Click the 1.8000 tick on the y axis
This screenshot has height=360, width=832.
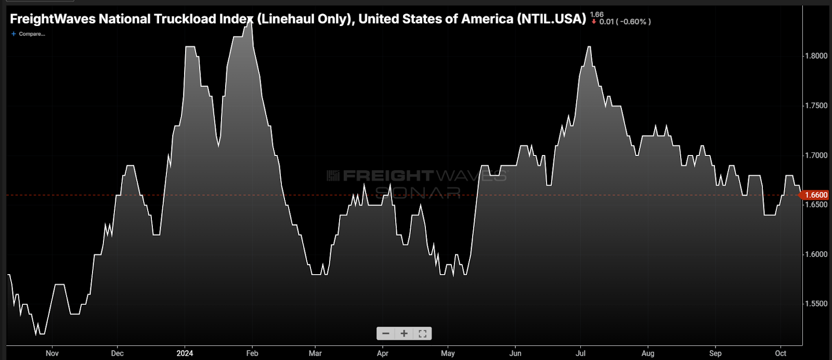pyautogui.click(x=816, y=56)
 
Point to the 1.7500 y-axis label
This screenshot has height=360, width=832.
pyautogui.click(x=816, y=106)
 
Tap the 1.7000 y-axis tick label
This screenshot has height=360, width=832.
pyautogui.click(x=816, y=155)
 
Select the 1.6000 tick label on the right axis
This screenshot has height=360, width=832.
pyautogui.click(x=816, y=254)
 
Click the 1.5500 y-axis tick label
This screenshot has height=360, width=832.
pyautogui.click(x=816, y=304)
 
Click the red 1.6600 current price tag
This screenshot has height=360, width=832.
pyautogui.click(x=815, y=195)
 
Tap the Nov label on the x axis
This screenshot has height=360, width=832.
pyautogui.click(x=52, y=353)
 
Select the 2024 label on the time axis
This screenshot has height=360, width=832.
pyautogui.click(x=185, y=353)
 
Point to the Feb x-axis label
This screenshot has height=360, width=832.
pyautogui.click(x=252, y=353)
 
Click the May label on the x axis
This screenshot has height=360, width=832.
pyautogui.click(x=448, y=353)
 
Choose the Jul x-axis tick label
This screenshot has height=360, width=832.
pyautogui.click(x=581, y=353)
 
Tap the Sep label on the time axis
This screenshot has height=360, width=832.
pyautogui.click(x=716, y=353)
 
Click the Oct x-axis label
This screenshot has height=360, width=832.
pyautogui.click(x=781, y=353)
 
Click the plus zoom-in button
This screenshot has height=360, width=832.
pyautogui.click(x=404, y=333)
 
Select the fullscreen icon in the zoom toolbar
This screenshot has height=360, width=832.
pyautogui.click(x=422, y=333)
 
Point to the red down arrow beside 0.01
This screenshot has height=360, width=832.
pyautogui.click(x=594, y=22)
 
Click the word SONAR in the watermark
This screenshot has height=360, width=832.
pyautogui.click(x=418, y=192)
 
